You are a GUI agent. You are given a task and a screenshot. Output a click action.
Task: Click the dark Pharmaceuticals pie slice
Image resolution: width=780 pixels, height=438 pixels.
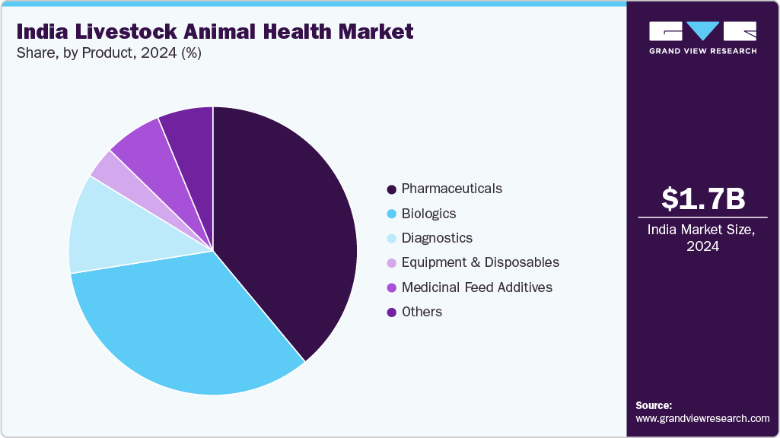point(289,228)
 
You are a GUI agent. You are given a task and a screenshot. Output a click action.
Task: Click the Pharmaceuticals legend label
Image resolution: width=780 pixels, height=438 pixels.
point(451,189)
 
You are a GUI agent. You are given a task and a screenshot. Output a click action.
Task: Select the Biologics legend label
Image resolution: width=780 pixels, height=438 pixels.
point(428,214)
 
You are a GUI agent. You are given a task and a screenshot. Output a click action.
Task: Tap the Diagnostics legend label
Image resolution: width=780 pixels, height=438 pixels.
point(437,238)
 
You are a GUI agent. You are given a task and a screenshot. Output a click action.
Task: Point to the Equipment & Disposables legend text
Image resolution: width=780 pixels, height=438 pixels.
point(480,262)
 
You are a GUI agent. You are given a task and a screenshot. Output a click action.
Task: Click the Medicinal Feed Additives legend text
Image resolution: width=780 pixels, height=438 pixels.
point(476,287)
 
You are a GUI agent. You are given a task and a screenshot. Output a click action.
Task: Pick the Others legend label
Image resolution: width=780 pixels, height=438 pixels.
point(422,312)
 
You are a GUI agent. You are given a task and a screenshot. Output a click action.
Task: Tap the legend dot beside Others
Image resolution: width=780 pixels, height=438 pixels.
point(391,313)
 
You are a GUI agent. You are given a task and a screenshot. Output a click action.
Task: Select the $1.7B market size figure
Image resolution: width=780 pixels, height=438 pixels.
point(702,198)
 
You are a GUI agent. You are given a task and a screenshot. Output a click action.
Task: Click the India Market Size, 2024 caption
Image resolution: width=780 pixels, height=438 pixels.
point(702,238)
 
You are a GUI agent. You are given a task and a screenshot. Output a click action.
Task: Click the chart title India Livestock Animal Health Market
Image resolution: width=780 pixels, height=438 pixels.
point(215,31)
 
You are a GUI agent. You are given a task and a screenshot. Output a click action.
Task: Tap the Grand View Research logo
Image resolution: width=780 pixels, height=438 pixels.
point(702,37)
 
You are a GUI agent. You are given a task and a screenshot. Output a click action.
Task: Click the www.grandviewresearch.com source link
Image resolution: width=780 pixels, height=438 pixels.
point(702,418)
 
